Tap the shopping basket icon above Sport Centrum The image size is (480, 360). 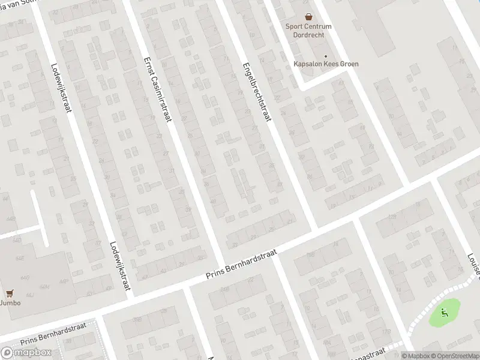[308, 17]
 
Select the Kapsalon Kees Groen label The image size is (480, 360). [325, 63]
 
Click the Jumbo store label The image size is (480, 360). [10, 303]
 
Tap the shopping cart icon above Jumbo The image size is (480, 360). [10, 293]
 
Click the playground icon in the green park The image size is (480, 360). [443, 311]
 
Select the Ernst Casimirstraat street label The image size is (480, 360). [158, 89]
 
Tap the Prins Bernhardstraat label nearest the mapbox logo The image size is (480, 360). [53, 333]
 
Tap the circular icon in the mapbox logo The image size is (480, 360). [7, 352]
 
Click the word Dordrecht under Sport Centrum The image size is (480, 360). [308, 35]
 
